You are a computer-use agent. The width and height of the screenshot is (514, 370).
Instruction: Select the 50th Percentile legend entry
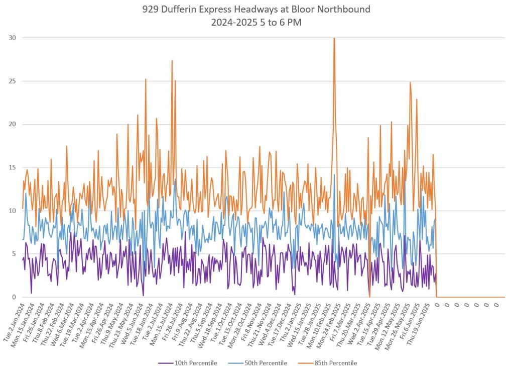tap(267, 363)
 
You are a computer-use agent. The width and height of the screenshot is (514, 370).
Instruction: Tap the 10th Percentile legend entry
tap(196, 363)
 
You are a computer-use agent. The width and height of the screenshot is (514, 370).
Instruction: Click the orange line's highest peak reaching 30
tap(334, 39)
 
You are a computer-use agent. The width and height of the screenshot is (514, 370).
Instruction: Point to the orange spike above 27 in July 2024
tap(172, 61)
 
